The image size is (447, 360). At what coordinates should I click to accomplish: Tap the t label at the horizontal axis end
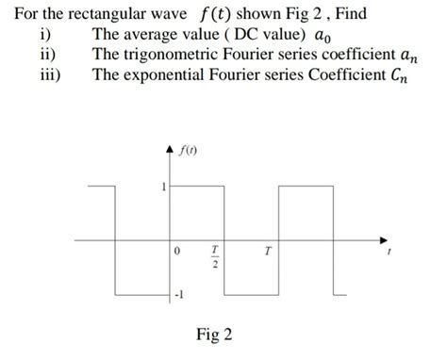388,252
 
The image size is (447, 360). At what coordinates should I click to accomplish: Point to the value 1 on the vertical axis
163,187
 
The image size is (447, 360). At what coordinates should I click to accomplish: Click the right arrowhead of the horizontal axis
384,237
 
